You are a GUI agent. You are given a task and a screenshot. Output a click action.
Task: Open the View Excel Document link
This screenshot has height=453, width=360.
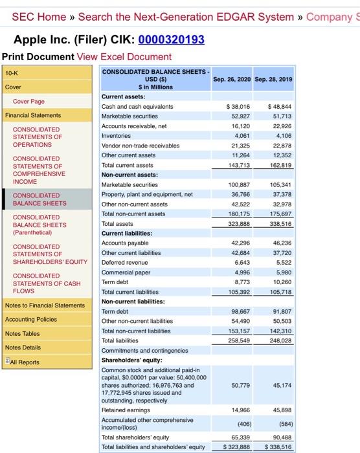tap(124, 57)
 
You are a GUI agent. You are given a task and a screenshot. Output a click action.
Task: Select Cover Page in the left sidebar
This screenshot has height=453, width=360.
tap(29, 102)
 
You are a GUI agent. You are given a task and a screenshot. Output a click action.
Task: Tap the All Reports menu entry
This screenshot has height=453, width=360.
tap(24, 362)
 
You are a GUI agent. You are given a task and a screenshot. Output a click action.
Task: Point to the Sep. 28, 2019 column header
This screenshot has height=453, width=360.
tap(273, 80)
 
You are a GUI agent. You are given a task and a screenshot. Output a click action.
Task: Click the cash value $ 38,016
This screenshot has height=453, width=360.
tap(238, 107)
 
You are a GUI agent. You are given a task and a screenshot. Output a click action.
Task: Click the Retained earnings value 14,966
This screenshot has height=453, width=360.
tap(240, 410)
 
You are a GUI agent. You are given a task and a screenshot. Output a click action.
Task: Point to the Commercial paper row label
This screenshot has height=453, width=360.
tap(124, 272)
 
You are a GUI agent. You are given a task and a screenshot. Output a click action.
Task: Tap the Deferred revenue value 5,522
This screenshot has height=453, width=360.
tap(283, 262)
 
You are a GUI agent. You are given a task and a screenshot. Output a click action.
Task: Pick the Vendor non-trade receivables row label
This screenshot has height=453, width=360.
tap(141, 146)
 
